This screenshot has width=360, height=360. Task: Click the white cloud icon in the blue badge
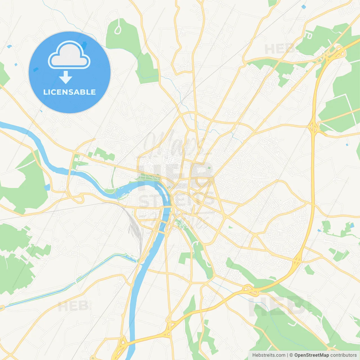(x=69, y=55)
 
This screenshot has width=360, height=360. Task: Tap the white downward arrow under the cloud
(x=66, y=77)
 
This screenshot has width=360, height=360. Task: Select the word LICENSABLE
(x=69, y=92)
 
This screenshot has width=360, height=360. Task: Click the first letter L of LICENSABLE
(x=45, y=92)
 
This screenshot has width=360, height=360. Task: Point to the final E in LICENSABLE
(x=93, y=92)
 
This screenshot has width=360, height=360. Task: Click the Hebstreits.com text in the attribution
(x=269, y=355)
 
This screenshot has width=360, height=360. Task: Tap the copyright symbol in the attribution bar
(x=291, y=355)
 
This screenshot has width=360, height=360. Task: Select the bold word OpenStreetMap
(x=312, y=355)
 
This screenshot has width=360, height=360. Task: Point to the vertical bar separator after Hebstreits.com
(x=287, y=355)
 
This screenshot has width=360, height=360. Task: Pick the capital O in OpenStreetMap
(x=296, y=355)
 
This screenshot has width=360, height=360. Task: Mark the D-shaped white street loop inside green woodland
(x=309, y=36)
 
